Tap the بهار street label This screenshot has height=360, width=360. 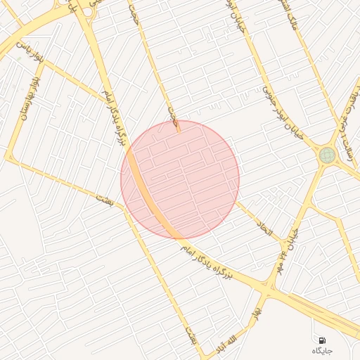[x=259, y=309]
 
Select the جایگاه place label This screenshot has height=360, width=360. [x=321, y=350]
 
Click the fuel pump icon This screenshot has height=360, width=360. [x=322, y=340]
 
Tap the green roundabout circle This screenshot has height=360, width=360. [x=327, y=155]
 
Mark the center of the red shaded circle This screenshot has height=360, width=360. [x=180, y=179]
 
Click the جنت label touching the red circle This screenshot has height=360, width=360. [x=173, y=117]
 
